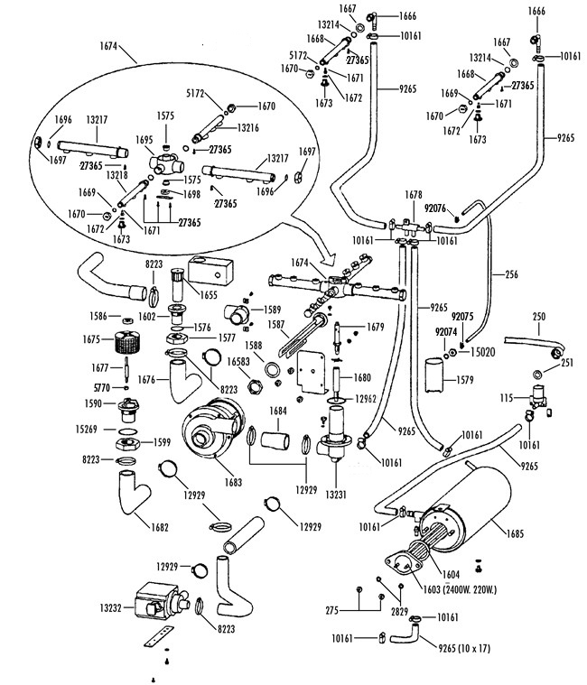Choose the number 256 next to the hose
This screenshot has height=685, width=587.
pos(510,272)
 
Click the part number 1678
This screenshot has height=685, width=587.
pos(414,196)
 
